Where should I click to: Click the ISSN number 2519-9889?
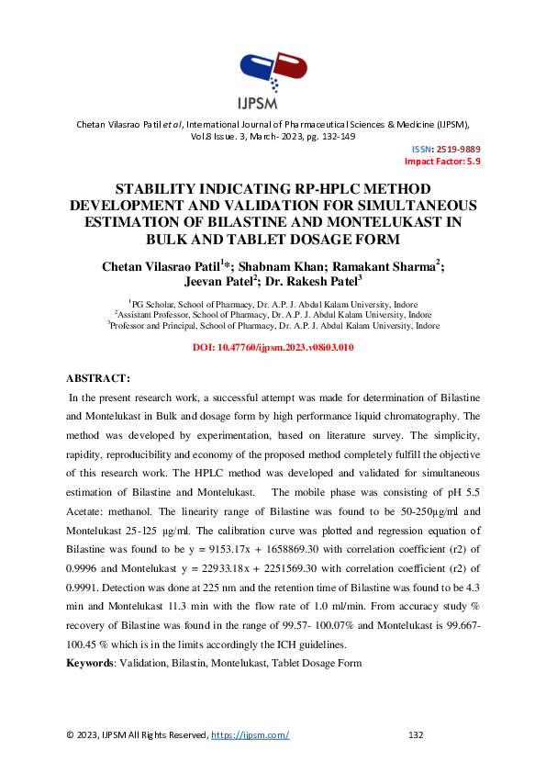(459, 149)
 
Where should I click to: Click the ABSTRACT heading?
(99, 378)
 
